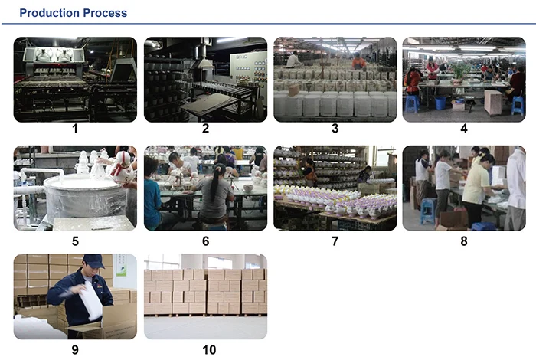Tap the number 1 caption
tap(74, 129)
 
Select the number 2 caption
tap(205, 129)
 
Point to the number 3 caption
tap(335, 129)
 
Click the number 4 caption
tap(463, 129)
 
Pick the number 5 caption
tap(74, 241)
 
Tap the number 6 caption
tap(205, 241)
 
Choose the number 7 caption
tap(335, 241)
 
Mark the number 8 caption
tap(463, 241)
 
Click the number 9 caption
tap(74, 350)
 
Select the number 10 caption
tap(205, 350)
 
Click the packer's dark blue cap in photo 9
tap(93, 261)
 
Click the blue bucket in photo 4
tap(440, 102)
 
